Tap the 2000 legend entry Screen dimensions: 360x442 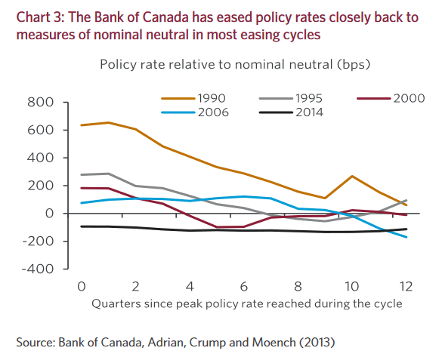(404, 97)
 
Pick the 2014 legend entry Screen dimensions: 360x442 (310, 112)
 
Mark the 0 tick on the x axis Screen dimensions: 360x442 (80, 287)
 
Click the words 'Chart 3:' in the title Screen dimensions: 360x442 (38, 17)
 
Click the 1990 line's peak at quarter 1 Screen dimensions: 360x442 (108, 122)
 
